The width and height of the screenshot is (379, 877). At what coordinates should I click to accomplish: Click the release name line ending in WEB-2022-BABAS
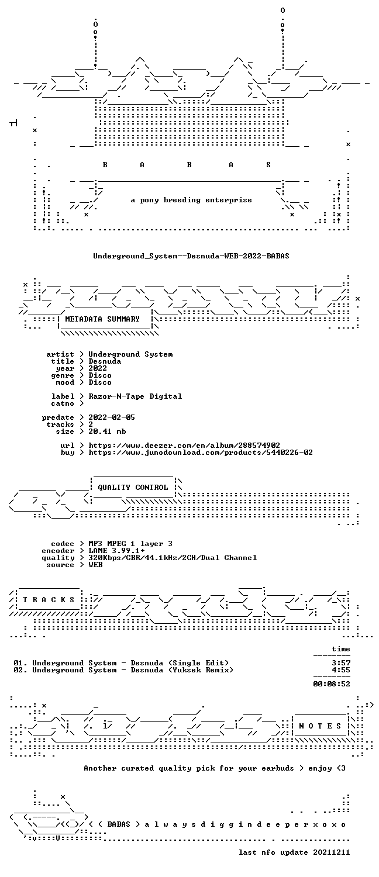[191, 256]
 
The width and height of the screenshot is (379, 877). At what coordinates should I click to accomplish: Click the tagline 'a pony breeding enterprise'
[191, 200]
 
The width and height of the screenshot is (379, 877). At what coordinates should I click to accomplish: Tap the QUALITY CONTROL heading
[133, 488]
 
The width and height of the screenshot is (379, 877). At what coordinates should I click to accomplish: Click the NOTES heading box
[320, 726]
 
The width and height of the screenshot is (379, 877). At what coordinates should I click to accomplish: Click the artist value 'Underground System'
[130, 354]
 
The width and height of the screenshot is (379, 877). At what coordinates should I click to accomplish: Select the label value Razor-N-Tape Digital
[135, 396]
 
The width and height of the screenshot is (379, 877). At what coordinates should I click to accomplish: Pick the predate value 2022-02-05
[112, 417]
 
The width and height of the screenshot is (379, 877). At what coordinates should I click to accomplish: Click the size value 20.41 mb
[107, 431]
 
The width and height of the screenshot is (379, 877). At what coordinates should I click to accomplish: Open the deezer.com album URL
[184, 446]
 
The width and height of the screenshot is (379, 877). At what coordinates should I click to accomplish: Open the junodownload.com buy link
[201, 453]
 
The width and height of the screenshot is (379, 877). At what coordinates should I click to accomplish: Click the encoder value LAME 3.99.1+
[116, 551]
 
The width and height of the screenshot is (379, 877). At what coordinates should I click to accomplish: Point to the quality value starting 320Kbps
[173, 558]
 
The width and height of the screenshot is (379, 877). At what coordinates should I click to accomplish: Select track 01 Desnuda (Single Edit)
[121, 663]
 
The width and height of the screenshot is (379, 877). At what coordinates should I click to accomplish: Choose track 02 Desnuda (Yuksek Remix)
[123, 670]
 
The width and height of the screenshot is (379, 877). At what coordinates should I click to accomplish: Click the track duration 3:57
[341, 663]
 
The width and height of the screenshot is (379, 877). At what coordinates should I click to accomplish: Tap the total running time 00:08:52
[332, 685]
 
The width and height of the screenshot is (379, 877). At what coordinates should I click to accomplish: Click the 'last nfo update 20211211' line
[294, 852]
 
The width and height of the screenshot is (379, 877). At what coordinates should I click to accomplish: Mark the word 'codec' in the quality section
[62, 544]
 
